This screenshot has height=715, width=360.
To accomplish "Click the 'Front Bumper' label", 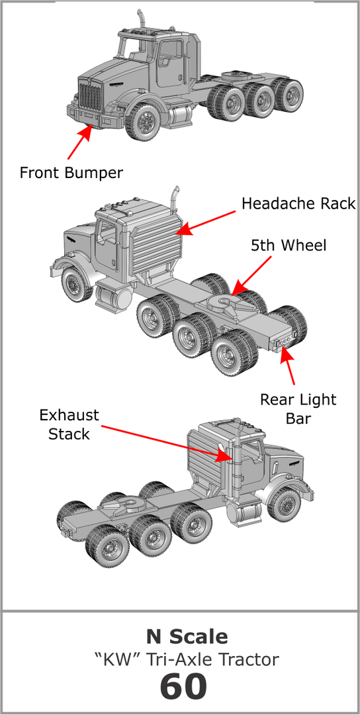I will point(71,173).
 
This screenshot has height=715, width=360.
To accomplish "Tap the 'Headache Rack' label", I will point(298,203).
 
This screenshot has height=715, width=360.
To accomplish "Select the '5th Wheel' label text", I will point(289,245).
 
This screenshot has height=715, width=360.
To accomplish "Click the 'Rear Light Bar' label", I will point(297,409).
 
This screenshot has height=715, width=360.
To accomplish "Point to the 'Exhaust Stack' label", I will point(69,424).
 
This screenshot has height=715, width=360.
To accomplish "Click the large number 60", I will point(183,687).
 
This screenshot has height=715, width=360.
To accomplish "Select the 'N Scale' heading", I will point(187,637).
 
